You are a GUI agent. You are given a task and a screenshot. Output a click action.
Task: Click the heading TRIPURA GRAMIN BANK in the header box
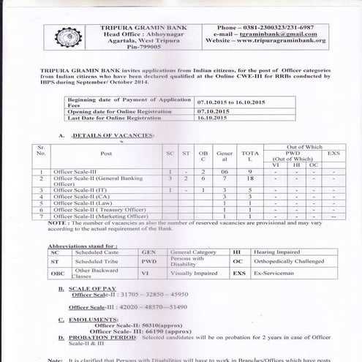point(140,27)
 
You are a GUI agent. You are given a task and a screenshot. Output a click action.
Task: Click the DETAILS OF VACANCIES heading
point(113,137)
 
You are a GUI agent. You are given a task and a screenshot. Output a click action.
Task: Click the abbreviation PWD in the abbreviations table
point(149,260)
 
